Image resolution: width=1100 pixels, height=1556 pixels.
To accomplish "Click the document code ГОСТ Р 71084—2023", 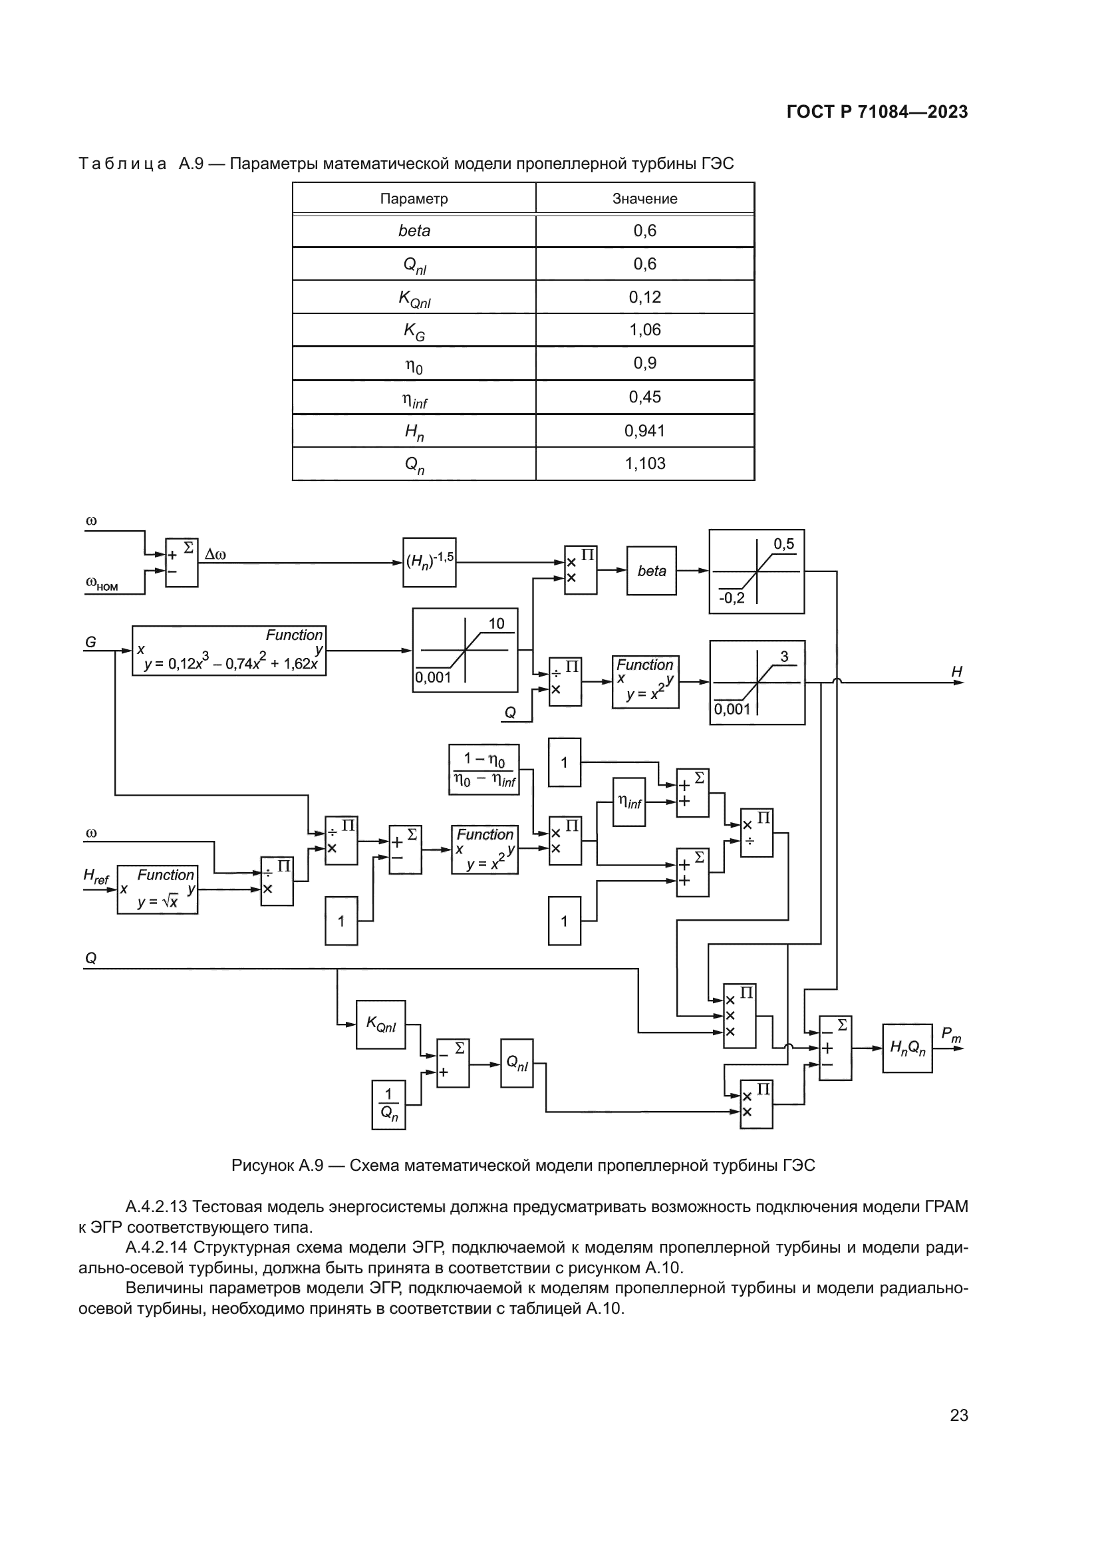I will pyautogui.click(x=877, y=112).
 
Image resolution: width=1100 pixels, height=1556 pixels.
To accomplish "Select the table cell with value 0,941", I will pyautogui.click(x=644, y=430).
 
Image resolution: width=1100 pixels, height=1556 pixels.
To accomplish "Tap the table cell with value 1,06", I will pyautogui.click(x=644, y=330).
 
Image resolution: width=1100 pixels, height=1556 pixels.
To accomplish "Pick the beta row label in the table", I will pyautogui.click(x=414, y=231).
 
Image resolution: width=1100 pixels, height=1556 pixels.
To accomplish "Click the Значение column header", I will pyautogui.click(x=644, y=198).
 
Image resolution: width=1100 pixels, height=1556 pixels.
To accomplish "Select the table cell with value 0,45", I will pyautogui.click(x=644, y=397).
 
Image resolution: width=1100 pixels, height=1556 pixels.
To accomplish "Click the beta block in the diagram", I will pyautogui.click(x=651, y=571).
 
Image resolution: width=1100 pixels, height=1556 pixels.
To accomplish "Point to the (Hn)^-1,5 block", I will pyautogui.click(x=429, y=562).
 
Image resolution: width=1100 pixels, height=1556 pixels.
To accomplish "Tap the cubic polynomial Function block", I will pyautogui.click(x=228, y=651).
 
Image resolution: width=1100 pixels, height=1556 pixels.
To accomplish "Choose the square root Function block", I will pyautogui.click(x=157, y=889).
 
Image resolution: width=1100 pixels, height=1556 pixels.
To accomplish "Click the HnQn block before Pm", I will pyautogui.click(x=907, y=1048).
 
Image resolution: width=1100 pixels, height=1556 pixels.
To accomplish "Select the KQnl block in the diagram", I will pyautogui.click(x=380, y=1024).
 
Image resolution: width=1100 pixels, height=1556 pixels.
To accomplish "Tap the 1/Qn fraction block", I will pyautogui.click(x=388, y=1105).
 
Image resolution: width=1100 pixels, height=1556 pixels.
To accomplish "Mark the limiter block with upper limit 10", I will pyautogui.click(x=465, y=650).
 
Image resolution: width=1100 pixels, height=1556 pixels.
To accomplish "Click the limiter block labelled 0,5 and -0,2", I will pyautogui.click(x=756, y=571).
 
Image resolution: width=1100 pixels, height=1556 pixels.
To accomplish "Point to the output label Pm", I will pyautogui.click(x=950, y=1034).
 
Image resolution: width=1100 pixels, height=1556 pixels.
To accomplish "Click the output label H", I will pyautogui.click(x=956, y=672).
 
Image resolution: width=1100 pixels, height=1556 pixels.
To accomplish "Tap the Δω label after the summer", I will pyautogui.click(x=215, y=554).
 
